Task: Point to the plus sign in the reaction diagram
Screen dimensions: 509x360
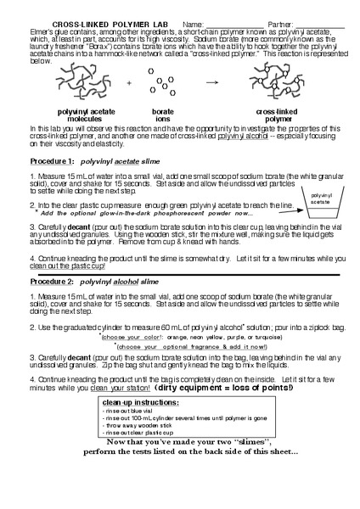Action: pyautogui.click(x=129, y=83)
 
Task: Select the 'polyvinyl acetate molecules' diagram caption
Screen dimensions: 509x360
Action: pyautogui.click(x=76, y=115)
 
